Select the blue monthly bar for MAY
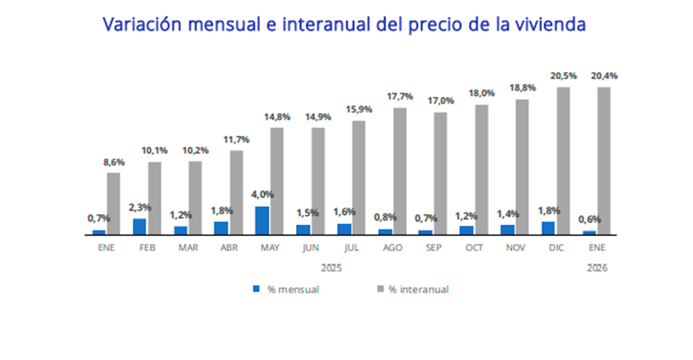tap(262, 220)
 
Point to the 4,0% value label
tap(262, 194)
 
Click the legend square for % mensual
tap(256, 289)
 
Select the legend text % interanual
tap(418, 290)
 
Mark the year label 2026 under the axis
tap(597, 267)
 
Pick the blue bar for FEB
tap(139, 226)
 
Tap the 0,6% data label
tap(589, 219)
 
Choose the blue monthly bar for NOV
tap(508, 229)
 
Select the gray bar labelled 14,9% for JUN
tap(318, 180)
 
